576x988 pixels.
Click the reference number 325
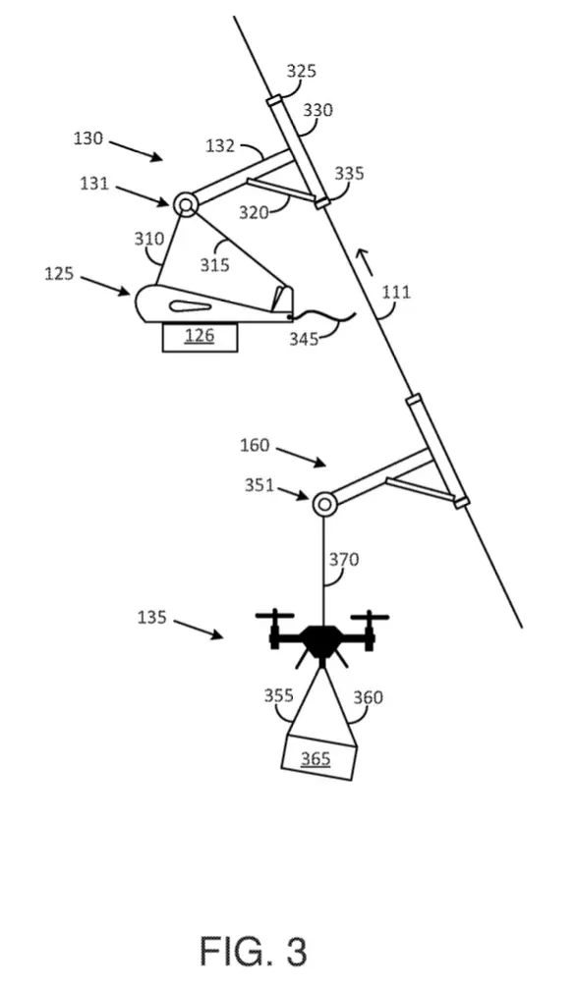pos(301,71)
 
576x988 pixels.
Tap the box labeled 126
pos(200,337)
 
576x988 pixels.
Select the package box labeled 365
pos(318,758)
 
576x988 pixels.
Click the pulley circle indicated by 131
pos(186,203)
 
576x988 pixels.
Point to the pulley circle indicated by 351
pos(323,504)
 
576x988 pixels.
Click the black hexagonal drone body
pos(322,640)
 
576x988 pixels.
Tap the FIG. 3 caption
pos(254,951)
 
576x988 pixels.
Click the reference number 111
pos(397,293)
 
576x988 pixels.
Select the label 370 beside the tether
pos(344,560)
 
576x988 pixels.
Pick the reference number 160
pos(255,446)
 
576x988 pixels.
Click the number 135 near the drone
pos(152,617)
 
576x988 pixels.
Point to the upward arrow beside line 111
pos(365,262)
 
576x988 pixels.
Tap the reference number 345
pos(304,339)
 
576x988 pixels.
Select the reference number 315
pos(214,264)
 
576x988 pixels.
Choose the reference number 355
pos(279,695)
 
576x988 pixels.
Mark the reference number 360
pos(368,697)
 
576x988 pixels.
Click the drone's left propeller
pos(275,617)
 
